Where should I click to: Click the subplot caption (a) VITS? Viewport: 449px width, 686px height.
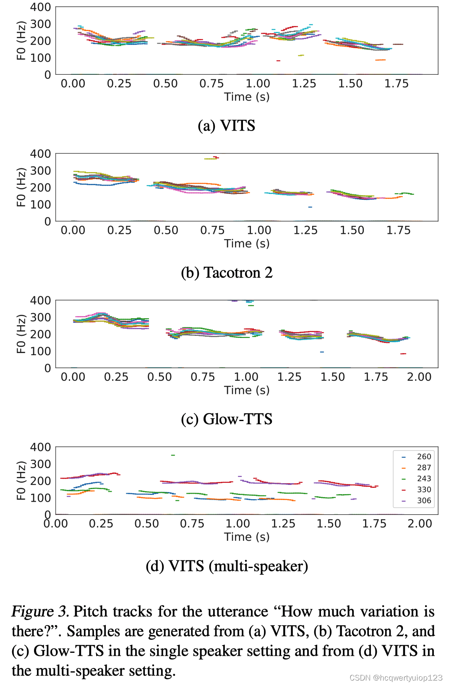click(x=226, y=126)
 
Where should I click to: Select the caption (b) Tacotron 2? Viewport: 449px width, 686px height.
click(x=227, y=272)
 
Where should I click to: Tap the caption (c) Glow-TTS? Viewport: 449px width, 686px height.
click(x=227, y=419)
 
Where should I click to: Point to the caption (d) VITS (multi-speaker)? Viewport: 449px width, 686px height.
click(x=227, y=566)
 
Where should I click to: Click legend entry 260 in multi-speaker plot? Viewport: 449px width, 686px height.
click(x=423, y=456)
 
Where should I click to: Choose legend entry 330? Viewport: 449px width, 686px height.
click(x=423, y=490)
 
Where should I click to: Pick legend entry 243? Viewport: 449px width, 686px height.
click(x=423, y=479)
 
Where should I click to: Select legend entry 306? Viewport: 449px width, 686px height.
click(x=423, y=500)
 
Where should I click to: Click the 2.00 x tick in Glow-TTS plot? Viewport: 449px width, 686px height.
click(x=419, y=377)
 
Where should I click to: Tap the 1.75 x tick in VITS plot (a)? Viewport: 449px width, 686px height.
click(x=396, y=84)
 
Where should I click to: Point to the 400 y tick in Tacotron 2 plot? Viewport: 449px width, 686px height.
click(x=40, y=154)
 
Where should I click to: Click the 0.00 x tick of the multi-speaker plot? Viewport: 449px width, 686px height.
click(x=55, y=524)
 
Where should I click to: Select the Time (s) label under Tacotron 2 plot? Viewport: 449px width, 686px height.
click(x=247, y=244)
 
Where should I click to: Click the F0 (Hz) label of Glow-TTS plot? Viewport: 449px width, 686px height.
click(x=21, y=334)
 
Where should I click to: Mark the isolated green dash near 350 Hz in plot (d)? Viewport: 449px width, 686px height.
click(x=173, y=455)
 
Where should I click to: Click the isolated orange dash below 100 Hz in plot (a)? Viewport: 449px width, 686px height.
click(x=380, y=60)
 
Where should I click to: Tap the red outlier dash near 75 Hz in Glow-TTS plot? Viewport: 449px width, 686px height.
click(x=403, y=354)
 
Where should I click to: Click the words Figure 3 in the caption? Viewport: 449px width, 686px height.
click(x=40, y=611)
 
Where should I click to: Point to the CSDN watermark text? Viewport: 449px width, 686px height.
click(x=396, y=678)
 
